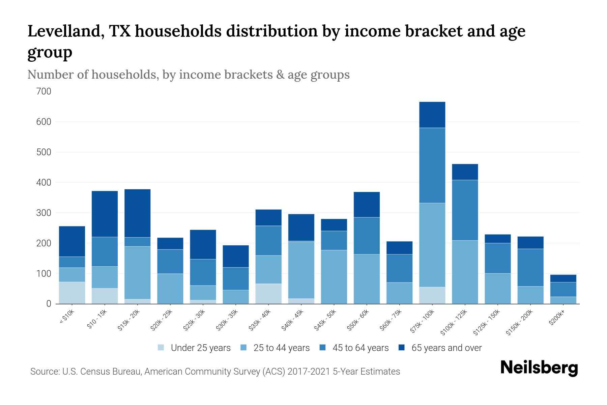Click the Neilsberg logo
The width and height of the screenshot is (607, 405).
[x=539, y=368]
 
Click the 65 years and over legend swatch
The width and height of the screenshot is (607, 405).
[x=401, y=348]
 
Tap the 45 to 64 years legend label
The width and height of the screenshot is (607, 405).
[x=360, y=348]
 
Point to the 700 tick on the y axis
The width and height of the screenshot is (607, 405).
[x=44, y=91]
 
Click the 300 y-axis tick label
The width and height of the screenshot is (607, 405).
[x=44, y=213]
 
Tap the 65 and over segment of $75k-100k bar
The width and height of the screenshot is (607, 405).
[x=432, y=115]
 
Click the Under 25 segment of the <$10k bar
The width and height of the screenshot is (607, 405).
[x=72, y=293]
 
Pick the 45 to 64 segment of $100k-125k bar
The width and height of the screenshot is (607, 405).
[x=465, y=210]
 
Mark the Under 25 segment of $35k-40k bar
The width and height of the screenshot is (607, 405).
[x=268, y=294]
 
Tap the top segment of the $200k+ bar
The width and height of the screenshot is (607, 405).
[x=563, y=278]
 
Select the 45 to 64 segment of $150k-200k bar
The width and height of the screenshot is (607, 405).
[x=530, y=268]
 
